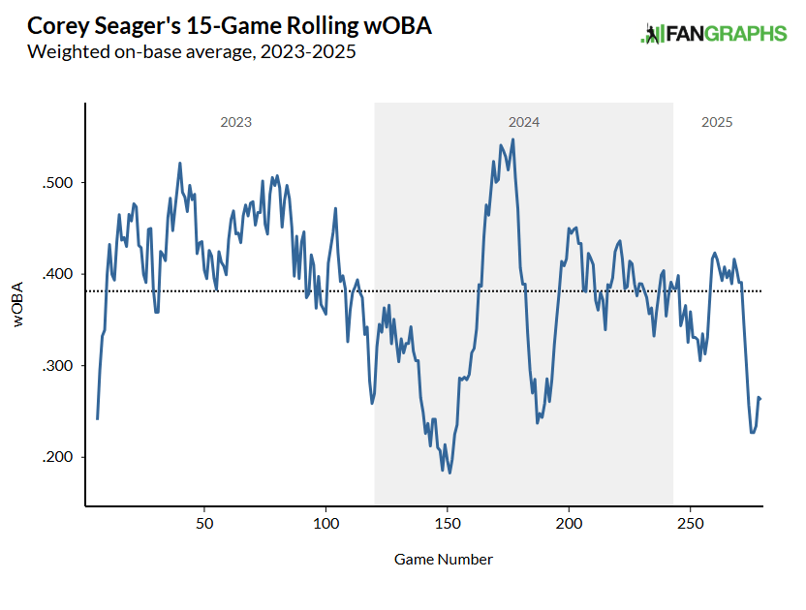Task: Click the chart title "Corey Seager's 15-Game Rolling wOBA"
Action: coord(231,26)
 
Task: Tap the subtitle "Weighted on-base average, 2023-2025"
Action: coord(192,51)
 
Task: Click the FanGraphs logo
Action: coord(714,34)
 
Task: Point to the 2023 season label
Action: coord(236,123)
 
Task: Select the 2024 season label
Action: coord(524,123)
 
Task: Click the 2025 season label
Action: coord(717,123)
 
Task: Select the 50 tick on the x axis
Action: coord(204,524)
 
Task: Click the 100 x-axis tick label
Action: coord(325,524)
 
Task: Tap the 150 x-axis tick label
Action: coord(447,524)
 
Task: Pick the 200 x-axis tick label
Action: coord(569,524)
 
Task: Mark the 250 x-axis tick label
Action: coord(690,524)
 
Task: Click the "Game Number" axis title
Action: coord(444,560)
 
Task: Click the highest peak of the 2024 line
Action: coord(512,139)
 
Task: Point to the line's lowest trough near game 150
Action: coord(450,473)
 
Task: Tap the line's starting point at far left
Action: coord(98,418)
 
